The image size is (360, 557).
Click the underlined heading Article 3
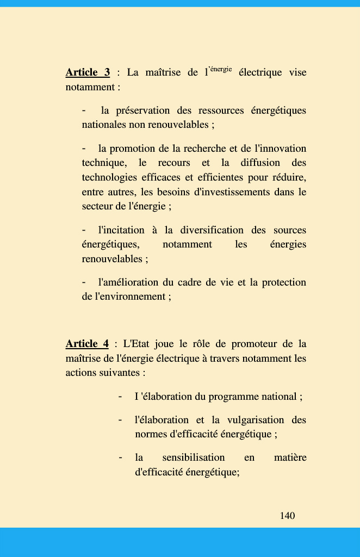[88, 72]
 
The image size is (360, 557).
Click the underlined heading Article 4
[87, 344]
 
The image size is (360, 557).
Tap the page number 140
[288, 516]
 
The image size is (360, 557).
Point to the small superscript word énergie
[221, 69]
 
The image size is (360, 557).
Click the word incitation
[123, 230]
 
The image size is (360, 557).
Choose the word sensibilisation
[194, 457]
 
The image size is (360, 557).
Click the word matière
[290, 457]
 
